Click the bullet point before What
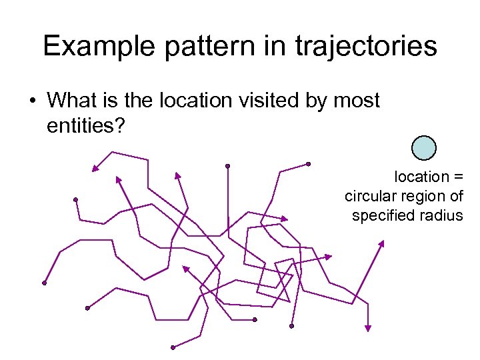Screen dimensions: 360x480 pos(32,101)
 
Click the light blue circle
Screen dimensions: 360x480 pos(424,148)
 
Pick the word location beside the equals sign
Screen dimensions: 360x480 pos(422,177)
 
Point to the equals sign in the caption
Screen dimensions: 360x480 pos(459,177)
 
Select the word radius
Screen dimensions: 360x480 pos(443,215)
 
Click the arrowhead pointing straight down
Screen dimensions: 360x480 pos(367,327)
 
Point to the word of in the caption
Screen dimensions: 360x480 pos(455,196)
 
